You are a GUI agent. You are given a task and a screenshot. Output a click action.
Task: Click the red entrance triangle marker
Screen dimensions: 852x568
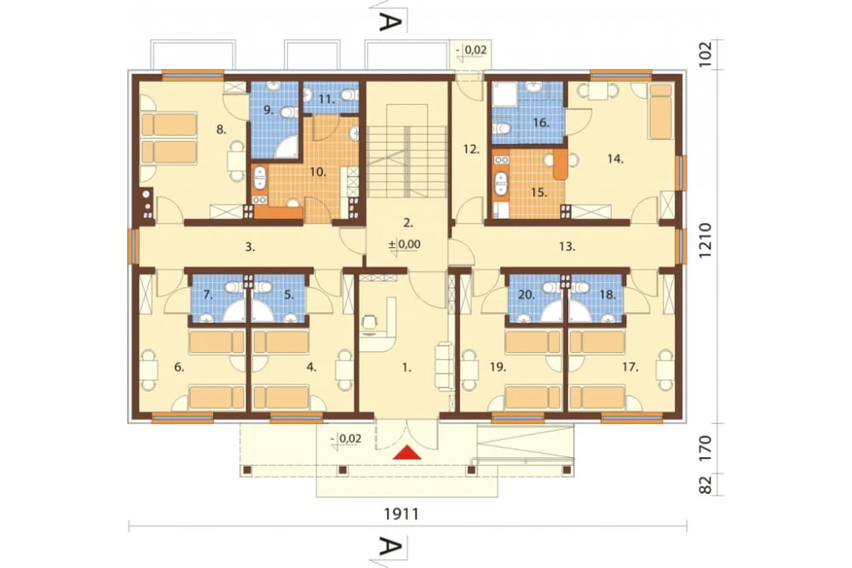409,453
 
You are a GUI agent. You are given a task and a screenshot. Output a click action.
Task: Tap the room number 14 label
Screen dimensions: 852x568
615,159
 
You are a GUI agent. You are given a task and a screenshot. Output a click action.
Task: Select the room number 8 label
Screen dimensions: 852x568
221,130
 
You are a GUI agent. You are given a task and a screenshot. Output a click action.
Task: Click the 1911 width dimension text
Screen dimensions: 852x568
401,513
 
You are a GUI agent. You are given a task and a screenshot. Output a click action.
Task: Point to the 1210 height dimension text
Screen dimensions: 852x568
705,241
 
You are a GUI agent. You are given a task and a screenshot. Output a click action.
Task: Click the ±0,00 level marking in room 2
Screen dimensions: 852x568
404,244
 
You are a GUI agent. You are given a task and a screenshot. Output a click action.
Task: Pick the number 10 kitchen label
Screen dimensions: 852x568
318,172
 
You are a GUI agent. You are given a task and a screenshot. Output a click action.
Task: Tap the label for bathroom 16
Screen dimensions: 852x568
541,123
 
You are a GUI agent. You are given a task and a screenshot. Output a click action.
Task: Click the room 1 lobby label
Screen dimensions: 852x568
406,368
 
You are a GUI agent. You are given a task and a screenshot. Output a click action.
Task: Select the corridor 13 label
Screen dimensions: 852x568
567,246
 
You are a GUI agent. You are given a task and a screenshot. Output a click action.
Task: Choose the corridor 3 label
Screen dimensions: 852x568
250,247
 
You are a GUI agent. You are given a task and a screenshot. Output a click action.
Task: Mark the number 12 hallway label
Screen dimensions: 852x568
471,148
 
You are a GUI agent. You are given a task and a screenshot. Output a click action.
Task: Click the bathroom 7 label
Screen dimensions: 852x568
208,295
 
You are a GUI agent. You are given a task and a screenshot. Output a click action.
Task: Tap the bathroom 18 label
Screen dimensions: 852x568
607,295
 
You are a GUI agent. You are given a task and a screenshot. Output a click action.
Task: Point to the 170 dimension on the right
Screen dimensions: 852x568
705,447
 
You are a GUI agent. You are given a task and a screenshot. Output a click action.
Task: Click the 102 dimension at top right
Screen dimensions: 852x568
705,55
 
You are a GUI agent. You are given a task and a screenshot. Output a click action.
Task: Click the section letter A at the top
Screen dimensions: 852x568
391,22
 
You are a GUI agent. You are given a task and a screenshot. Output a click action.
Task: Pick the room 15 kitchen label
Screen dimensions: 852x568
539,193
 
